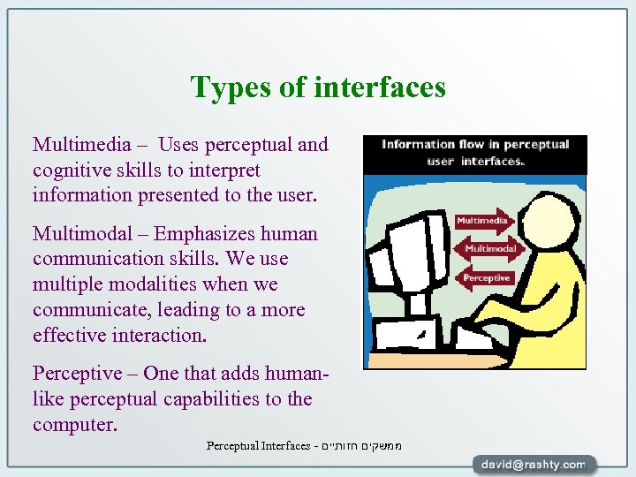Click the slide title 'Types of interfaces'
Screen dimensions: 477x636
tap(318, 87)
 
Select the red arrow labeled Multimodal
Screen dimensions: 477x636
tap(491, 248)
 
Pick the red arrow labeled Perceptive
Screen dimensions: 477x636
tap(487, 277)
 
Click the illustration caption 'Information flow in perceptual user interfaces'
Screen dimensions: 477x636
tap(475, 153)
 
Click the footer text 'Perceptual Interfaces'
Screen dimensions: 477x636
tap(258, 445)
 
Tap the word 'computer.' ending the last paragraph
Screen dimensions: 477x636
tap(74, 425)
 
